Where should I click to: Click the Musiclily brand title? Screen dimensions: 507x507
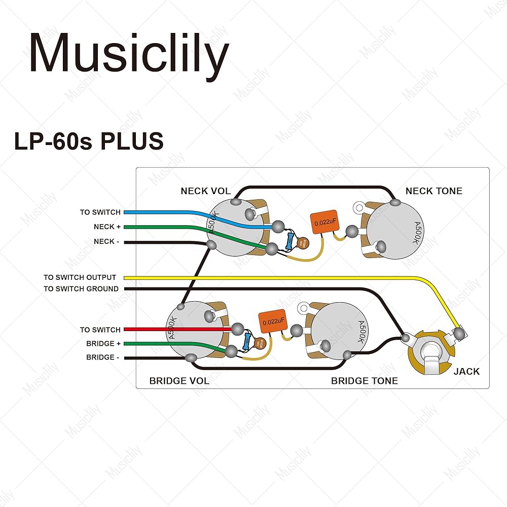(x=129, y=53)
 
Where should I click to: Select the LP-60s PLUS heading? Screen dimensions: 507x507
(x=89, y=141)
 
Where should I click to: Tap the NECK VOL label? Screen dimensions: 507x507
(x=205, y=191)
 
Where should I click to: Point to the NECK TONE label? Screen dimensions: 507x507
(x=433, y=191)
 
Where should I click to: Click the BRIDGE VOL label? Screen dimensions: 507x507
(x=179, y=381)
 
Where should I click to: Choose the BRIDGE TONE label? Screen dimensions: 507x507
(x=364, y=381)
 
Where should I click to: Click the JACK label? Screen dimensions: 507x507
(x=466, y=371)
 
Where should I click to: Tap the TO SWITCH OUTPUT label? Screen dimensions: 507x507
(x=80, y=277)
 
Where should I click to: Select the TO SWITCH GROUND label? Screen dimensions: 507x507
(x=81, y=288)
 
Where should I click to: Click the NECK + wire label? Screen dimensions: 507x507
(x=107, y=227)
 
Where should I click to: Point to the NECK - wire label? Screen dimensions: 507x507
(x=107, y=241)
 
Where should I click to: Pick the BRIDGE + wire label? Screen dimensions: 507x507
(x=103, y=343)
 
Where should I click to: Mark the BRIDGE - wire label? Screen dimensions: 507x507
(x=103, y=357)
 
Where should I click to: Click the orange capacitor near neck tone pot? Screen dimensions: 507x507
(x=324, y=222)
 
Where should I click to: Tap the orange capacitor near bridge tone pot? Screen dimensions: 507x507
(x=272, y=320)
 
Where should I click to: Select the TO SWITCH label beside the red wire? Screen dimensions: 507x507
(x=100, y=330)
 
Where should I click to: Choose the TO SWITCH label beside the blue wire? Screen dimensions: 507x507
(x=100, y=212)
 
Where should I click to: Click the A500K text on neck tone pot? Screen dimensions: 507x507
(x=415, y=233)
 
